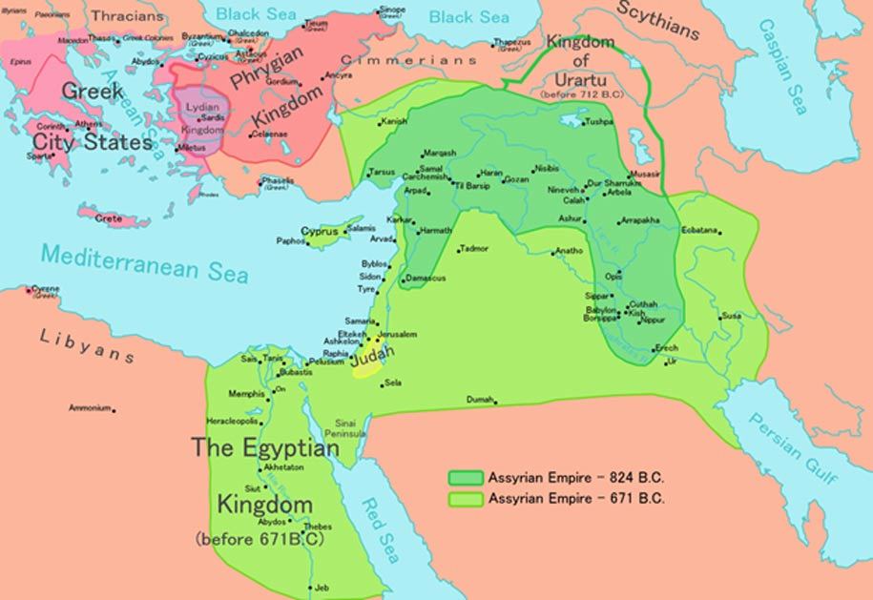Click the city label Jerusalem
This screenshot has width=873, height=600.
point(400,335)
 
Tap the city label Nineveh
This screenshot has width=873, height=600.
point(560,191)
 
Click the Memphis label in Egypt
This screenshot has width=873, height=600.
point(246,393)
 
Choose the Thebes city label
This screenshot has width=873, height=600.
point(318,527)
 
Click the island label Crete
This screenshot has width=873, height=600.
point(109,218)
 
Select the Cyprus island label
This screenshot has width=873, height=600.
point(319,231)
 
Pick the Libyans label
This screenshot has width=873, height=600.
point(86,345)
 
